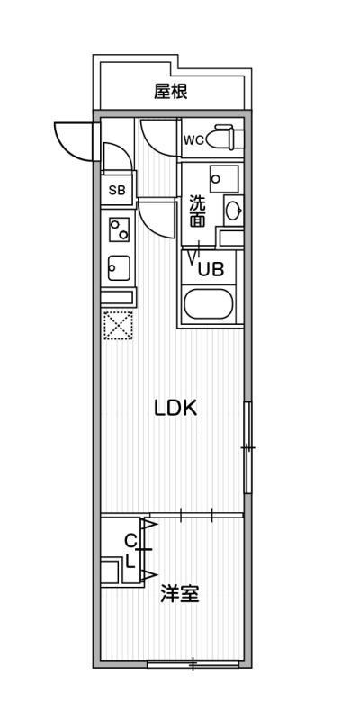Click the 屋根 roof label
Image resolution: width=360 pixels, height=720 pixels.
[171, 92]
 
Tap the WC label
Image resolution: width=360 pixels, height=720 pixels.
[193, 140]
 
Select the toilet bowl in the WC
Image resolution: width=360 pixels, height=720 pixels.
[224, 138]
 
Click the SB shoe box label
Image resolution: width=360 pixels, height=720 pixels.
[117, 190]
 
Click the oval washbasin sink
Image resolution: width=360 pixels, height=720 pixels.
[234, 211]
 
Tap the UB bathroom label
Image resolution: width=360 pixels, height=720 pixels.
[211, 269]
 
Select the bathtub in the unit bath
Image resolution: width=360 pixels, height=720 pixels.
[209, 304]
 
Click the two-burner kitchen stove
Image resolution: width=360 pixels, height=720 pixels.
[119, 229]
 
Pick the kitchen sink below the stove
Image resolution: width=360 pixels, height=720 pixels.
[119, 267]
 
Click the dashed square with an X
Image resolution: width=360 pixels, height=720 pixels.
[118, 326]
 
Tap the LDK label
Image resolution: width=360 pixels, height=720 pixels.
[175, 408]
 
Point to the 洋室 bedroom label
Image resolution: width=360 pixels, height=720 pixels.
[179, 594]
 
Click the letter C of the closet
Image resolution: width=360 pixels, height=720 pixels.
[131, 542]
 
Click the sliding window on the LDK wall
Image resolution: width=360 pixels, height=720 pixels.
[248, 447]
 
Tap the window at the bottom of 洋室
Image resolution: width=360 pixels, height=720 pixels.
[193, 663]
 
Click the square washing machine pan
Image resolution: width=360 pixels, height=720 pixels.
[224, 179]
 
